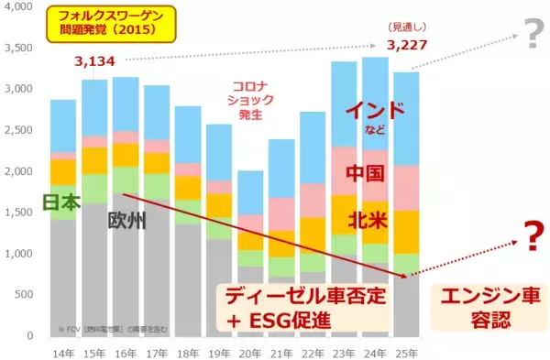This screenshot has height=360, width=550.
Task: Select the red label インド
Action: (374, 111)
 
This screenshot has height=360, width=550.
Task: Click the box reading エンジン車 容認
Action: (487, 305)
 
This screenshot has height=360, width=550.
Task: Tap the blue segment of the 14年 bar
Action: (63, 125)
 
